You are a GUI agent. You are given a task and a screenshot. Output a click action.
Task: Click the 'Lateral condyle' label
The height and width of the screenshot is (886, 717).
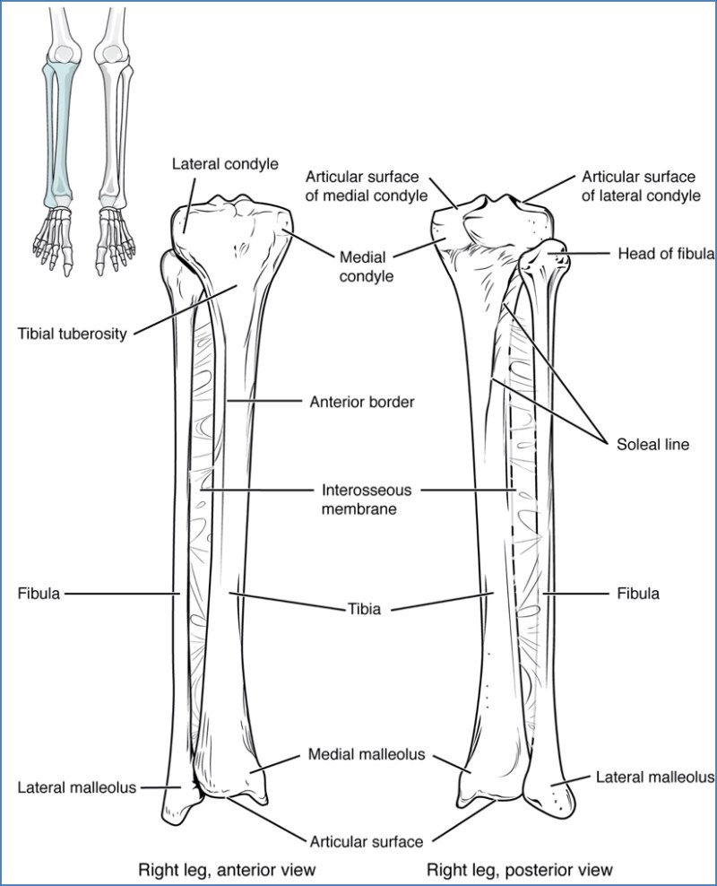click(x=225, y=164)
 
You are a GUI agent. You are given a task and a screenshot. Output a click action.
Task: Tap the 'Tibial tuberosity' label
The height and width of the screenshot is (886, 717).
click(x=73, y=334)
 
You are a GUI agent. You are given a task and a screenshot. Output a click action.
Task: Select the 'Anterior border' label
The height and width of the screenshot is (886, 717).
click(x=362, y=402)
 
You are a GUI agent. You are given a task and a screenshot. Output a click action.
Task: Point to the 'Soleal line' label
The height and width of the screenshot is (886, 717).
click(x=652, y=444)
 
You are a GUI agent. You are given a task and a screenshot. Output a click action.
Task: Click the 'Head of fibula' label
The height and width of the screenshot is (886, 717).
click(x=666, y=253)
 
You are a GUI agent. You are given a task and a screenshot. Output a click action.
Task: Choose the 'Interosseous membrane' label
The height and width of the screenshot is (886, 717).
click(x=367, y=499)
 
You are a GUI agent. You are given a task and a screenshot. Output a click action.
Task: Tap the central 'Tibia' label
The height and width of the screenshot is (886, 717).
click(x=364, y=609)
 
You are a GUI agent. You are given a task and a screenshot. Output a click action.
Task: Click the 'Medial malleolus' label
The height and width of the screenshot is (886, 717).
click(x=367, y=754)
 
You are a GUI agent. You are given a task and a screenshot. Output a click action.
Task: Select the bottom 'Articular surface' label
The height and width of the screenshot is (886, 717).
click(x=367, y=842)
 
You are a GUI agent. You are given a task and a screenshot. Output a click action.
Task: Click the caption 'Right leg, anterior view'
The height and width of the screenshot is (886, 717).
click(x=227, y=869)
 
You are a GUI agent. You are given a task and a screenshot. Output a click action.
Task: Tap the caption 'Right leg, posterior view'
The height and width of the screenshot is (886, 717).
click(x=520, y=869)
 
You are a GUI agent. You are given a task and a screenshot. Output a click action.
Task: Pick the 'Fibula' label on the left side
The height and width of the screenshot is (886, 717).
click(x=39, y=594)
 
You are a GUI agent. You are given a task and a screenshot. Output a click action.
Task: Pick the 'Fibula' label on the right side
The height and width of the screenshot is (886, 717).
click(x=638, y=594)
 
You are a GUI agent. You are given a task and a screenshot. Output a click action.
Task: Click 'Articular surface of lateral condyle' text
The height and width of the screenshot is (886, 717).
click(x=641, y=186)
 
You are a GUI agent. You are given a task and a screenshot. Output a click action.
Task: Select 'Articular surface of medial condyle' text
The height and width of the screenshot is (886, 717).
click(x=367, y=186)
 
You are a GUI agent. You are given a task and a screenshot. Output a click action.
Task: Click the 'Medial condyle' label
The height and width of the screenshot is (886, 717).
click(x=367, y=266)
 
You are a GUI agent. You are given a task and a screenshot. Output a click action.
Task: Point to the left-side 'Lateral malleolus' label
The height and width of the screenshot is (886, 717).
click(x=77, y=787)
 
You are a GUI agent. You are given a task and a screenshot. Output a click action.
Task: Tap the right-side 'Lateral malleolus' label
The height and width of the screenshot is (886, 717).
click(x=655, y=777)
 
